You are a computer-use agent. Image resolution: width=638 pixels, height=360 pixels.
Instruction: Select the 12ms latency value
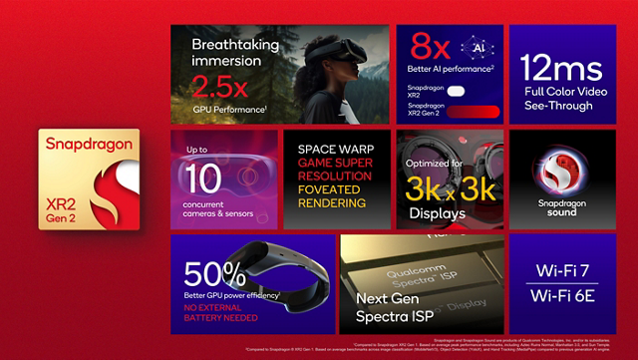coord(561,68)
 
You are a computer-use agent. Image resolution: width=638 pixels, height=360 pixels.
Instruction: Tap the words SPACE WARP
coord(334,150)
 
